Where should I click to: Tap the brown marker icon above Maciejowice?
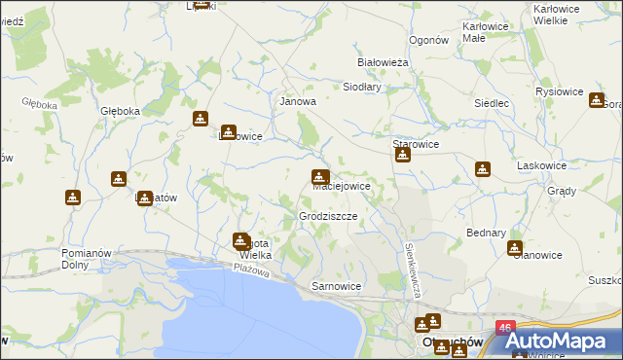pyautogui.click(x=319, y=177)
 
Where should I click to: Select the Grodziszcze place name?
pyautogui.click(x=328, y=215)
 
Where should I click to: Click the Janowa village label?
pyautogui.click(x=298, y=101)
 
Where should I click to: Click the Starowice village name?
pyautogui.click(x=416, y=144)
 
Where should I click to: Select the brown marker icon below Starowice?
pyautogui.click(x=402, y=155)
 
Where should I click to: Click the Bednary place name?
pyautogui.click(x=486, y=234)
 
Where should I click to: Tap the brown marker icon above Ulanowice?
pyautogui.click(x=515, y=248)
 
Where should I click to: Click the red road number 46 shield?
pyautogui.click(x=504, y=330)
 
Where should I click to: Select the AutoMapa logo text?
pyautogui.click(x=564, y=342)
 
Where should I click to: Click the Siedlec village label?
pyautogui.click(x=492, y=102)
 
